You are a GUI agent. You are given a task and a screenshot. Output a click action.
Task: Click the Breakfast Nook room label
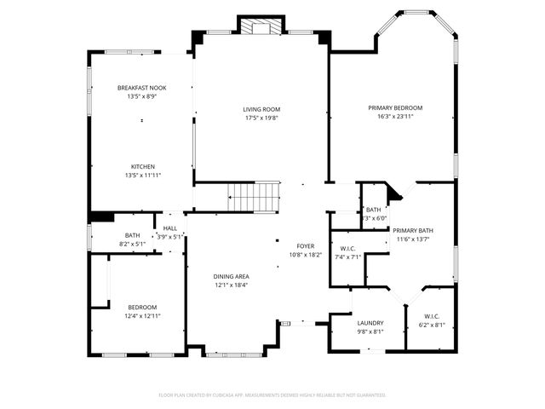(x=142, y=88)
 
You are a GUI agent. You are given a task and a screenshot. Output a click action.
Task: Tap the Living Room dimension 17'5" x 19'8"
(x=261, y=118)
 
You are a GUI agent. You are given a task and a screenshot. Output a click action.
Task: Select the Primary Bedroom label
(x=395, y=108)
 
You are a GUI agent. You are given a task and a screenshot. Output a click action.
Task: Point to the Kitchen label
(x=142, y=166)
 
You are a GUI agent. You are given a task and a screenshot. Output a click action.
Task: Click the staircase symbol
(x=254, y=196)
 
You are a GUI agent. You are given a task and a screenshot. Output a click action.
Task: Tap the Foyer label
(x=306, y=245)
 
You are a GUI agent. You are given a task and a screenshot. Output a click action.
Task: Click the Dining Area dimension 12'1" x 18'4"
(x=231, y=285)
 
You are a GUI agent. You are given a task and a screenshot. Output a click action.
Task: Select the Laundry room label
(x=370, y=323)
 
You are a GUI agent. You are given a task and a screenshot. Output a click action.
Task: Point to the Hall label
(x=170, y=228)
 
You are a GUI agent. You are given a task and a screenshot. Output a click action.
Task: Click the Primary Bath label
(x=413, y=231)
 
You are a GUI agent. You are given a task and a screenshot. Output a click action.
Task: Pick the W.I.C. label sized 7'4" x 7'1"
(x=347, y=256)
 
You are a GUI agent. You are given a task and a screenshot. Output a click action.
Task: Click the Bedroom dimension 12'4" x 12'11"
(x=142, y=316)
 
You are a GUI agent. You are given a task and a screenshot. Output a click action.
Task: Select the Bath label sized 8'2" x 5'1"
(x=132, y=244)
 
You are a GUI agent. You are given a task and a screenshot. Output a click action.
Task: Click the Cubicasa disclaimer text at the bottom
(x=272, y=395)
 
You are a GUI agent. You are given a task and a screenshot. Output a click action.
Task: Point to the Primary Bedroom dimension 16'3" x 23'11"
(x=395, y=118)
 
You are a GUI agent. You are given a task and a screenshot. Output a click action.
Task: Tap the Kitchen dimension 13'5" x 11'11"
(x=142, y=176)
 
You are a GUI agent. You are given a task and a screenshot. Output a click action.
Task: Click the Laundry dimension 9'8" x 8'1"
(x=370, y=331)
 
